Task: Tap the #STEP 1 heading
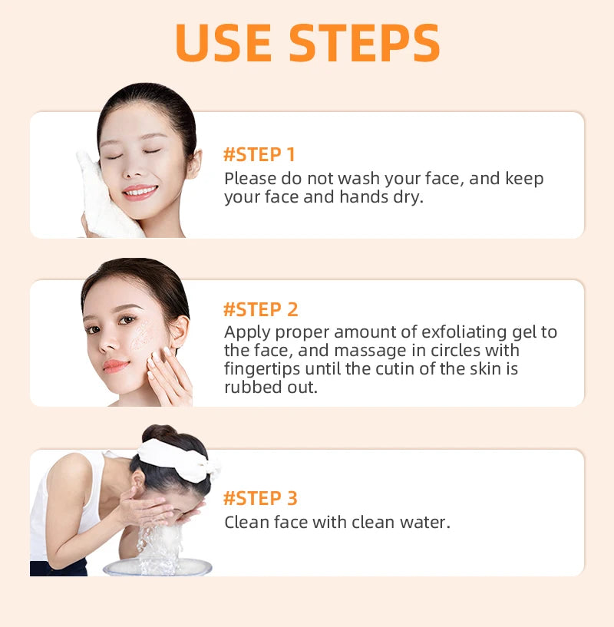point(259,154)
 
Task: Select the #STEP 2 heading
point(260,309)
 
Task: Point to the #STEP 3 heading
point(260,498)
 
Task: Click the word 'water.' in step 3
point(426,523)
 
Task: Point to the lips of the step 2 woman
point(115,365)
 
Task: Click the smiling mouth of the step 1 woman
point(139,190)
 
